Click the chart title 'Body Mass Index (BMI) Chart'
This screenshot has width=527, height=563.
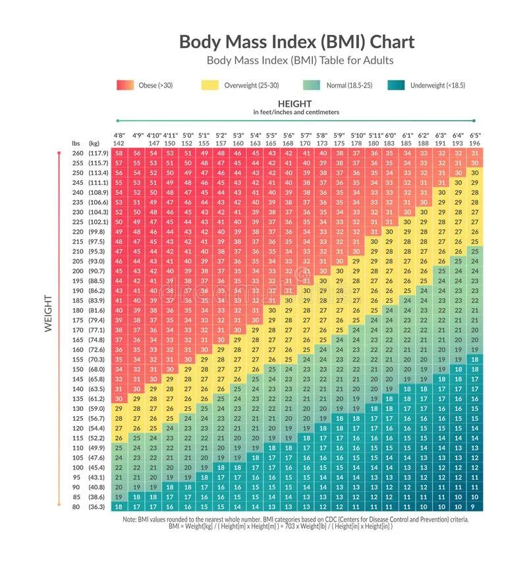click(297, 41)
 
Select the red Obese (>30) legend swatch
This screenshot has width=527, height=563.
click(125, 85)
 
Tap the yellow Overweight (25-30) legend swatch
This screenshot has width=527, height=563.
click(210, 85)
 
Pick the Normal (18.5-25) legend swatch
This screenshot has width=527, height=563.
click(312, 85)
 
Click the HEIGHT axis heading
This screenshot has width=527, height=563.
click(294, 104)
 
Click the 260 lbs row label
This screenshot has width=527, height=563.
click(78, 153)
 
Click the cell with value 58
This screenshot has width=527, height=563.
click(119, 153)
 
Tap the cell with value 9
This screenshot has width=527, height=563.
click(475, 506)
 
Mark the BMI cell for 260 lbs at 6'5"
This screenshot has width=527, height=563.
click(475, 153)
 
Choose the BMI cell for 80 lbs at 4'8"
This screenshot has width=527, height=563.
click(119, 506)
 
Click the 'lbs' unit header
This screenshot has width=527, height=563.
click(76, 143)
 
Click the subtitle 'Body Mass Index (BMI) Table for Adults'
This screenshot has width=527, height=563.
click(300, 61)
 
